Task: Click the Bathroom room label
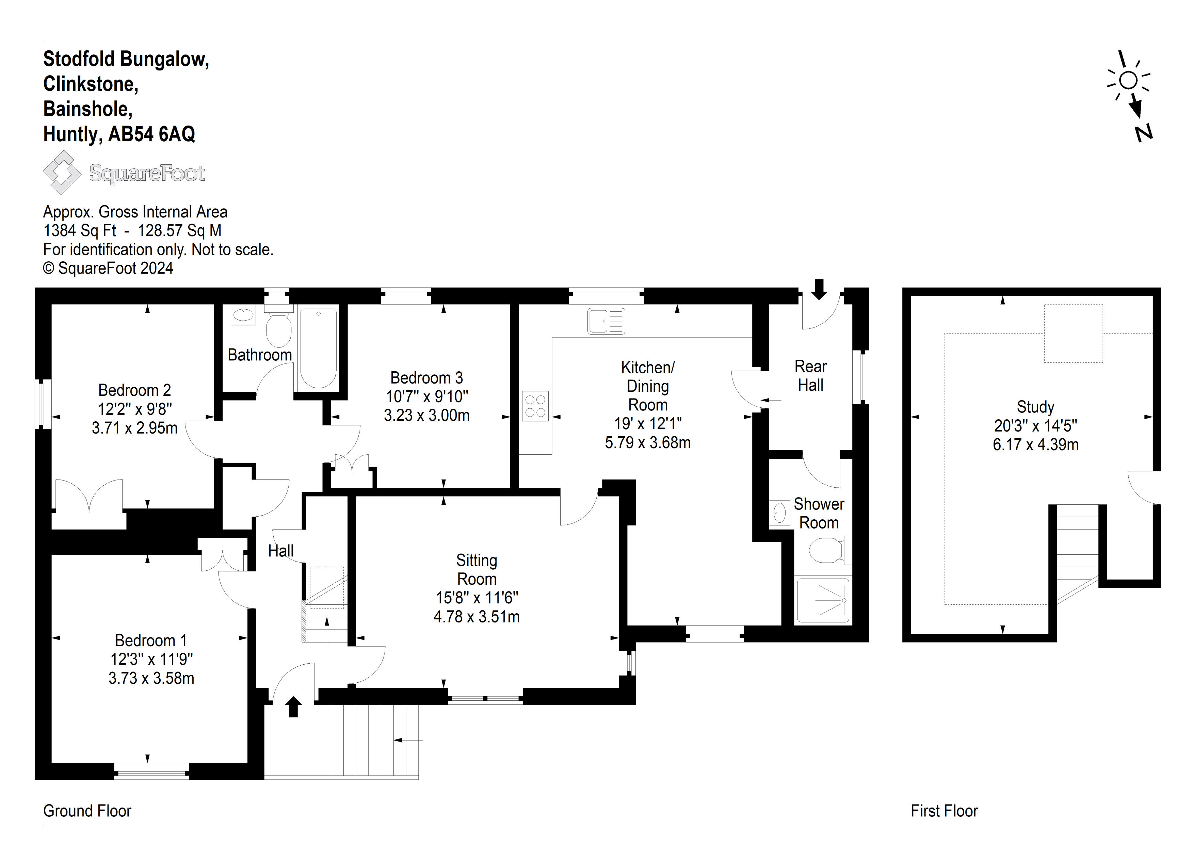259,355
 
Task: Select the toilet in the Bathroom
279,327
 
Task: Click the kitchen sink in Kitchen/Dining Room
607,321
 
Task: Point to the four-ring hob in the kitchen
535,406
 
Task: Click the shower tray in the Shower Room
823,600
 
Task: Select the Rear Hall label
811,375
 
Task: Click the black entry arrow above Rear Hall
819,290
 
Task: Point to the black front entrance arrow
294,707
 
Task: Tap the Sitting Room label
477,569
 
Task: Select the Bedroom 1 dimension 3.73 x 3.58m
151,679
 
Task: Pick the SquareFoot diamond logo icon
62,172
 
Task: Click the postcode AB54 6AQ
151,134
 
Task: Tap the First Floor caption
944,811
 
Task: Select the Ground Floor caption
87,811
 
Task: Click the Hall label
281,551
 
